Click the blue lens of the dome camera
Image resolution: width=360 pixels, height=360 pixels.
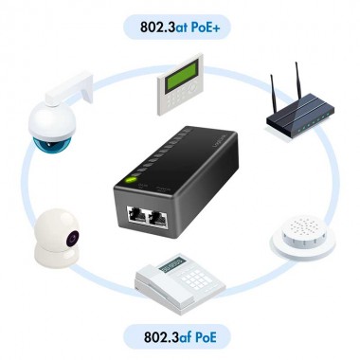[45, 144]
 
